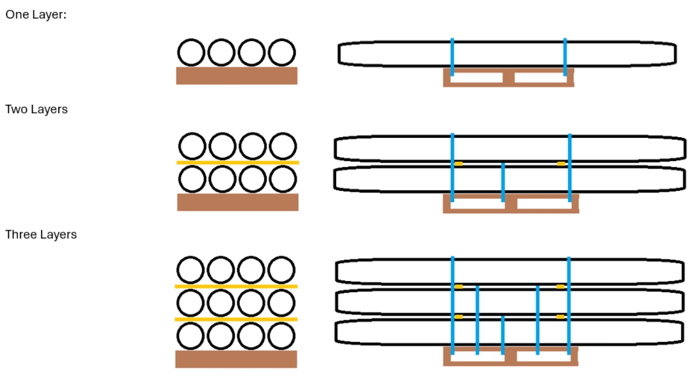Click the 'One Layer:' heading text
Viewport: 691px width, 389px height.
click(x=36, y=15)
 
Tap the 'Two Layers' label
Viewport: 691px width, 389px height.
click(x=36, y=110)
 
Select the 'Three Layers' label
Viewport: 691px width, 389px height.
click(x=41, y=234)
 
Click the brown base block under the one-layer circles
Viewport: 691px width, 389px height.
click(x=236, y=76)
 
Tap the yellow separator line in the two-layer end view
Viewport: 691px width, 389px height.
click(x=238, y=163)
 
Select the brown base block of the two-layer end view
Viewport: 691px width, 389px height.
click(x=238, y=202)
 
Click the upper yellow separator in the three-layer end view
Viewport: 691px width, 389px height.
click(x=236, y=286)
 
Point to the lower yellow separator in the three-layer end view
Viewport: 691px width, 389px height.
click(x=236, y=319)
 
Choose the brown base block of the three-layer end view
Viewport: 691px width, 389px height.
click(x=236, y=359)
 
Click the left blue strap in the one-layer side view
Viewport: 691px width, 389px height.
click(x=452, y=57)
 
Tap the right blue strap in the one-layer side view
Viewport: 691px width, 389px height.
click(x=565, y=57)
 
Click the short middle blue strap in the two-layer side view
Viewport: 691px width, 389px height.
click(x=503, y=183)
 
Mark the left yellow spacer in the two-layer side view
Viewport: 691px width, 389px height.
click(x=458, y=164)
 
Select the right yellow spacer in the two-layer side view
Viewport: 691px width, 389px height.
click(x=561, y=164)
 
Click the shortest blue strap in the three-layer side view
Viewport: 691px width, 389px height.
click(x=503, y=336)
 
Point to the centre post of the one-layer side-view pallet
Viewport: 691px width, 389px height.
click(x=509, y=77)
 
